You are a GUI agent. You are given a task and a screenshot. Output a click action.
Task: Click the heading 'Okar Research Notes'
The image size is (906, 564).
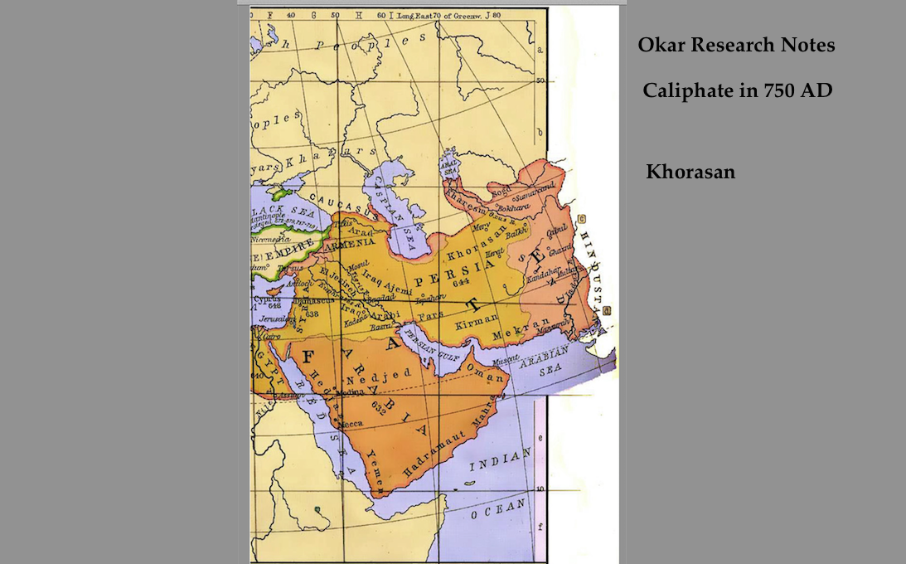[736, 46]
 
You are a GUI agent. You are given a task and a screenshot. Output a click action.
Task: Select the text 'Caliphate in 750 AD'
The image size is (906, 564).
[737, 90]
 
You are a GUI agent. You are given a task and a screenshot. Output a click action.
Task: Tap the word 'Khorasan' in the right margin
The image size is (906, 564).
[690, 173]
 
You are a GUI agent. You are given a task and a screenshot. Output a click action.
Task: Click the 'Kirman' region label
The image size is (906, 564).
[476, 318]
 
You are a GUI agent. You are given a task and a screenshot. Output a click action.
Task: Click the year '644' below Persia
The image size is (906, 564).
[462, 283]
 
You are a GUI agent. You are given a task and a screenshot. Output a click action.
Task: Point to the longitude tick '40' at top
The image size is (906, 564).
[291, 15]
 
